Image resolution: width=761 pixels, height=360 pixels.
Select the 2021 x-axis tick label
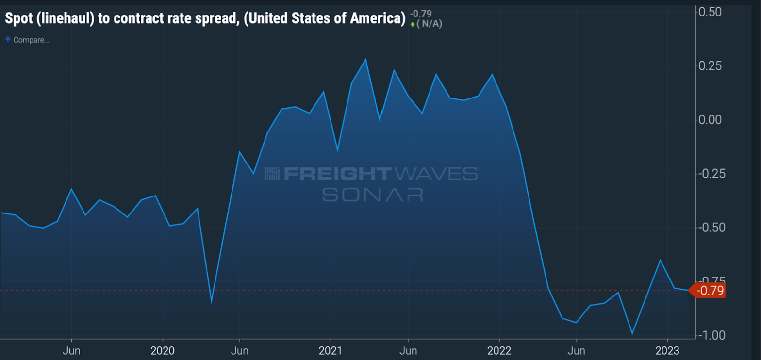click(331, 351)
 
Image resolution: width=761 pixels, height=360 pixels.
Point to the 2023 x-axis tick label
click(667, 351)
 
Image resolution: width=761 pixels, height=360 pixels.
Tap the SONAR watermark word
click(372, 195)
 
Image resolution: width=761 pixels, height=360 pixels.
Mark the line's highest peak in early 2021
click(365, 59)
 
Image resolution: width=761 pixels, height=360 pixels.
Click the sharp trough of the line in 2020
click(212, 302)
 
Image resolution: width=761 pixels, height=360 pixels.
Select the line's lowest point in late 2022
click(632, 334)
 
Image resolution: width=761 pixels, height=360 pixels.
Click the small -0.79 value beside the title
click(420, 14)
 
